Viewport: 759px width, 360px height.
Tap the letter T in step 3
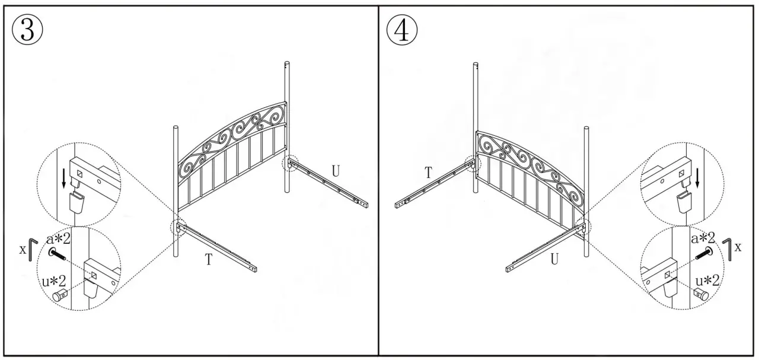pyautogui.click(x=209, y=260)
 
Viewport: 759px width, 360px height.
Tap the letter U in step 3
pyautogui.click(x=336, y=171)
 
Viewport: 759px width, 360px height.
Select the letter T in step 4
pyautogui.click(x=428, y=173)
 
